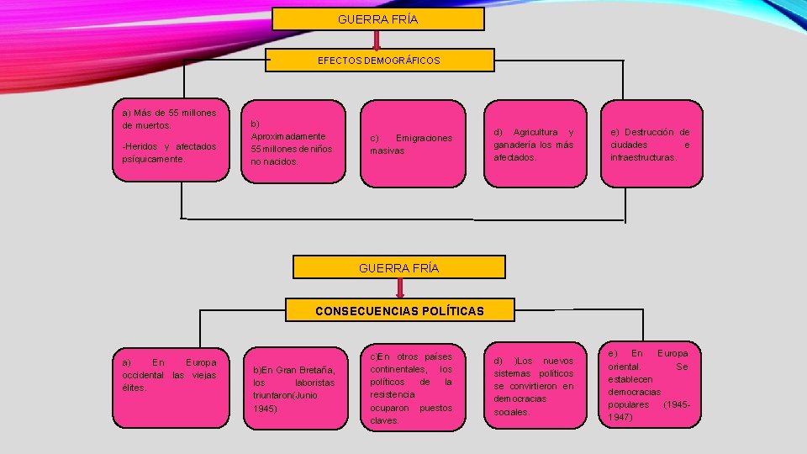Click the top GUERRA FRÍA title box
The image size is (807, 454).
click(x=377, y=18)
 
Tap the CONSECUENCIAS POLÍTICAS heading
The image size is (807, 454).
click(x=399, y=311)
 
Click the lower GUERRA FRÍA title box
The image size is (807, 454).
click(x=398, y=267)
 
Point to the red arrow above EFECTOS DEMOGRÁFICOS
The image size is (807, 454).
click(x=377, y=40)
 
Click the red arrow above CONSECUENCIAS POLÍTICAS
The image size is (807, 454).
click(x=399, y=288)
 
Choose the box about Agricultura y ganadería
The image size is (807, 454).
click(x=534, y=143)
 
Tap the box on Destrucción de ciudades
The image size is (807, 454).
click(x=650, y=143)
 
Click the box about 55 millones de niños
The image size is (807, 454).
click(x=293, y=141)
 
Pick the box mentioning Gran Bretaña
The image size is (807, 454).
click(x=293, y=388)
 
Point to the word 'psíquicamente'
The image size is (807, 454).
click(x=153, y=159)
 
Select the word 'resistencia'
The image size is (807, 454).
click(x=393, y=394)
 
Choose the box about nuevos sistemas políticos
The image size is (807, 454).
click(x=534, y=387)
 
